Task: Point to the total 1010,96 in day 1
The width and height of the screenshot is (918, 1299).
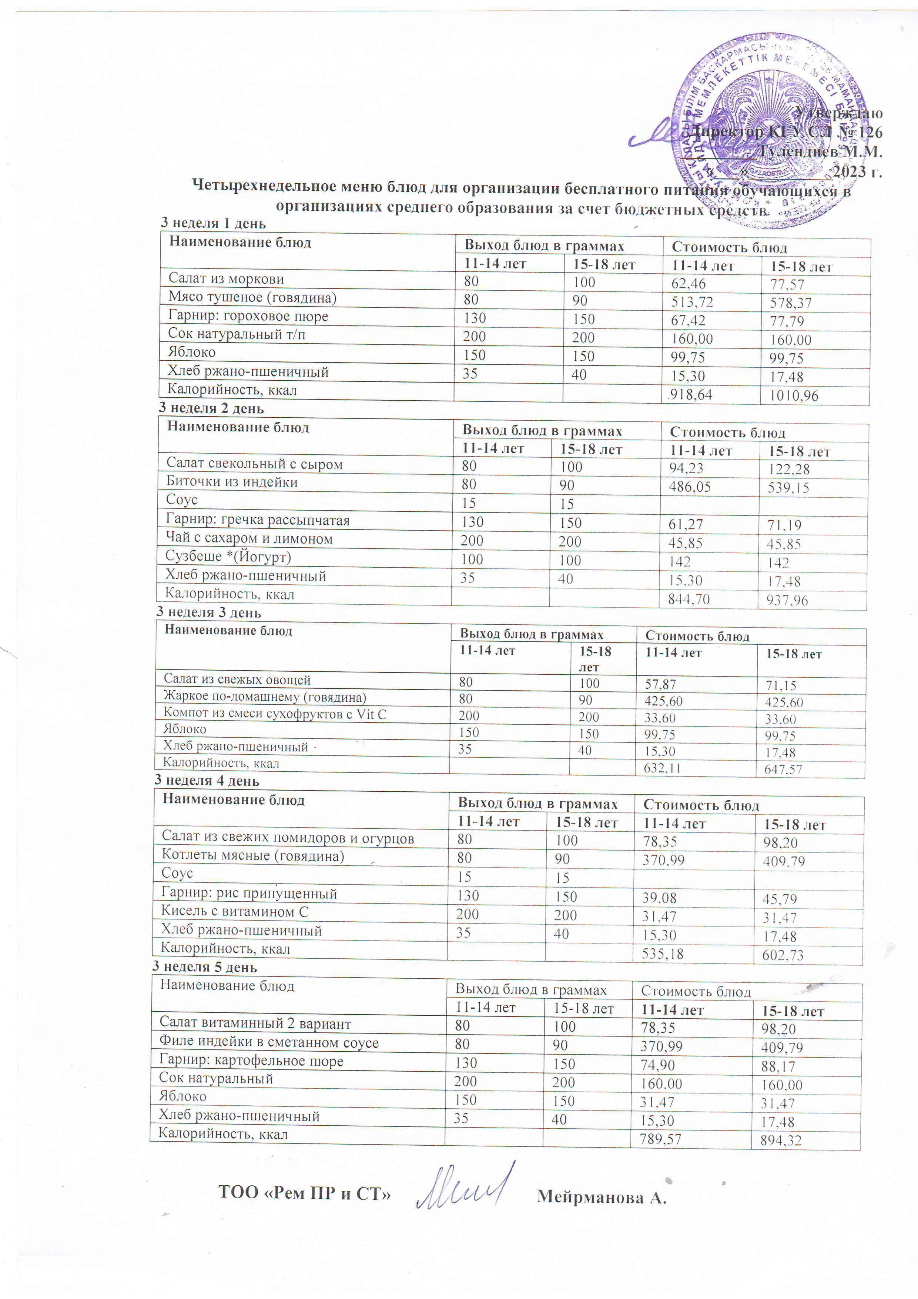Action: pos(794,396)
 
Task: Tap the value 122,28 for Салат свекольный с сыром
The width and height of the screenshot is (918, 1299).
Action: pos(788,469)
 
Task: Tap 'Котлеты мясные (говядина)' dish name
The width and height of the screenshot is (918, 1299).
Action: pos(253,856)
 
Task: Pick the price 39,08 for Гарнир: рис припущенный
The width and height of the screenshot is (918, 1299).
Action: pos(660,898)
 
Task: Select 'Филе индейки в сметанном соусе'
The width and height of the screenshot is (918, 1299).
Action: pos(269,1043)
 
